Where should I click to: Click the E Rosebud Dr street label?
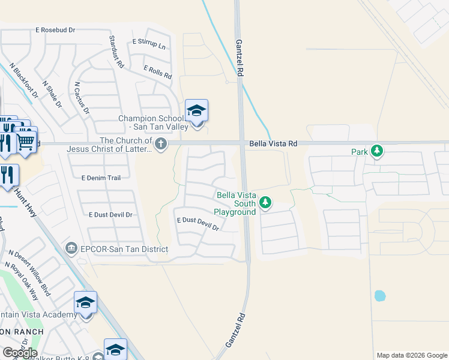(x=55, y=29)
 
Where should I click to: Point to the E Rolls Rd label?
(x=158, y=73)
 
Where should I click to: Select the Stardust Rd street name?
(x=116, y=51)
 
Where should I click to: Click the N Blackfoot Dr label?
(x=23, y=80)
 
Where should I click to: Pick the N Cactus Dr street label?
(x=81, y=98)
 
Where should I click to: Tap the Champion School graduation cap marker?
(x=196, y=111)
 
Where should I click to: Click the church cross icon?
(x=160, y=143)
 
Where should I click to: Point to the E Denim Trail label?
(x=101, y=178)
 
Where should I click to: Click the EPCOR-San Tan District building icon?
(x=71, y=248)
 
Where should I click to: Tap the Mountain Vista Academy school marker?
(x=86, y=302)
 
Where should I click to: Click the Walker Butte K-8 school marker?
(x=115, y=350)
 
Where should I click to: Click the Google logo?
(x=19, y=352)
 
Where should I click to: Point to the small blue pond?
(x=379, y=296)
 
